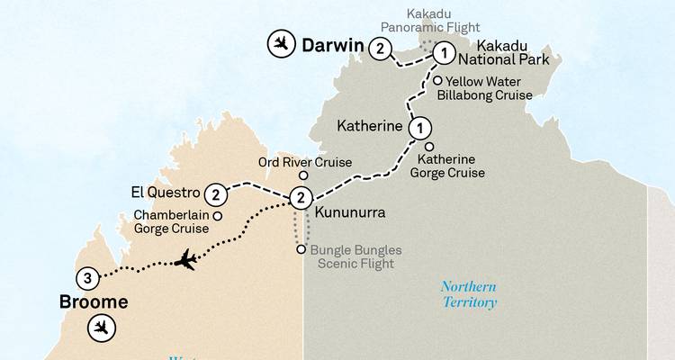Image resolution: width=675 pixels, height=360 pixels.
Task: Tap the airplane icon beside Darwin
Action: tap(282, 43)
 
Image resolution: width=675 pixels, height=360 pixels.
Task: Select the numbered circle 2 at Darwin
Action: tap(382, 48)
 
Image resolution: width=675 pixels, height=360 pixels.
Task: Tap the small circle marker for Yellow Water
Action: tap(437, 81)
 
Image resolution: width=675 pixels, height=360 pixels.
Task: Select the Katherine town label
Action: tap(369, 126)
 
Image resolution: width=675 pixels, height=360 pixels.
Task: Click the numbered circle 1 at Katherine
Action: tap(419, 128)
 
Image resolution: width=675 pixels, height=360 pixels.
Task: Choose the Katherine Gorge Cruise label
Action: tap(448, 166)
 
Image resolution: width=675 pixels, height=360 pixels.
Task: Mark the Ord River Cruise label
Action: tap(304, 162)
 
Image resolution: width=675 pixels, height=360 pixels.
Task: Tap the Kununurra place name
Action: tap(350, 215)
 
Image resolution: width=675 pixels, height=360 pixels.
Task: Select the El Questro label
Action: tap(165, 193)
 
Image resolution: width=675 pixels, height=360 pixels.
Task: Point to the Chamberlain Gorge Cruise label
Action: tap(171, 222)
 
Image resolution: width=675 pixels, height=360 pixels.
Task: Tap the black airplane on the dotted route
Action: tap(186, 261)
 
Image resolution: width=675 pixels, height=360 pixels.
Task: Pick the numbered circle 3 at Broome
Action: tap(87, 277)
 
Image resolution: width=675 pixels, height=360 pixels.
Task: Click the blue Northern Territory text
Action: tap(468, 294)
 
